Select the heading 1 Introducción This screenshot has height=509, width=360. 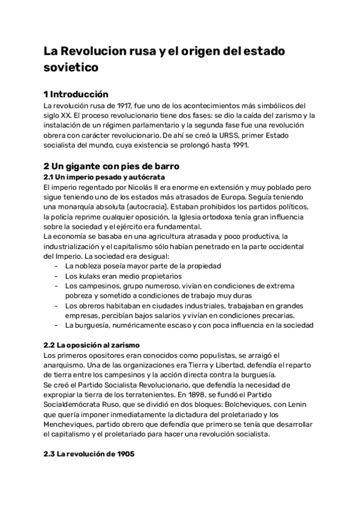coord(76,94)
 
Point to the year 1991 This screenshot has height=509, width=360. coord(240,145)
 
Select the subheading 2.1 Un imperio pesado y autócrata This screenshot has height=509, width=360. coord(104,177)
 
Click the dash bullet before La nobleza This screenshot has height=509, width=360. coord(56,266)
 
